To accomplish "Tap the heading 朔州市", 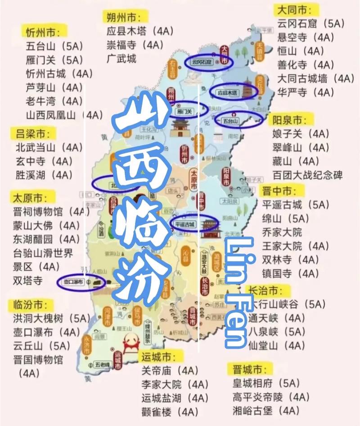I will (121, 17).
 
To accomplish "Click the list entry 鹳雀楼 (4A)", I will (170, 412).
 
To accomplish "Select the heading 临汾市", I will (28, 304).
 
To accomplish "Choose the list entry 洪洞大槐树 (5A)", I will (51, 318).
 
